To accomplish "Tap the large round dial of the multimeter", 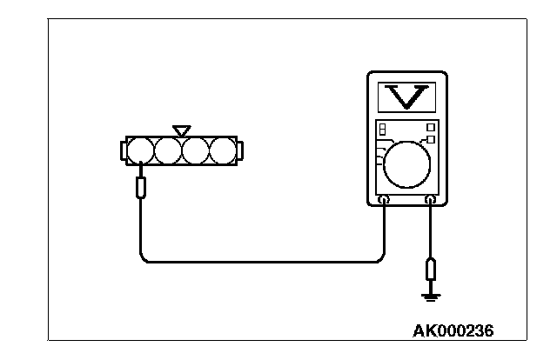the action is click(x=406, y=163).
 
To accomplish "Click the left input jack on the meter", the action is click(x=384, y=202).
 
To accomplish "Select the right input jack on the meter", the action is click(x=430, y=202).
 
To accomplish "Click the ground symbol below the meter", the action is click(x=430, y=297).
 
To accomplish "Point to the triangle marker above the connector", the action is click(x=181, y=130).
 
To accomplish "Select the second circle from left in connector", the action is click(x=167, y=151).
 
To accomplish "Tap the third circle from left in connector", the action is click(x=195, y=151).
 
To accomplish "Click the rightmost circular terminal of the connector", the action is click(x=223, y=151).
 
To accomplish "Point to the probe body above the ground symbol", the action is click(x=430, y=269).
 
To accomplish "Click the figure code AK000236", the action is click(x=458, y=331).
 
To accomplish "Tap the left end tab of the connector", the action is click(x=123, y=151).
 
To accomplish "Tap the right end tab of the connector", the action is click(x=241, y=151).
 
